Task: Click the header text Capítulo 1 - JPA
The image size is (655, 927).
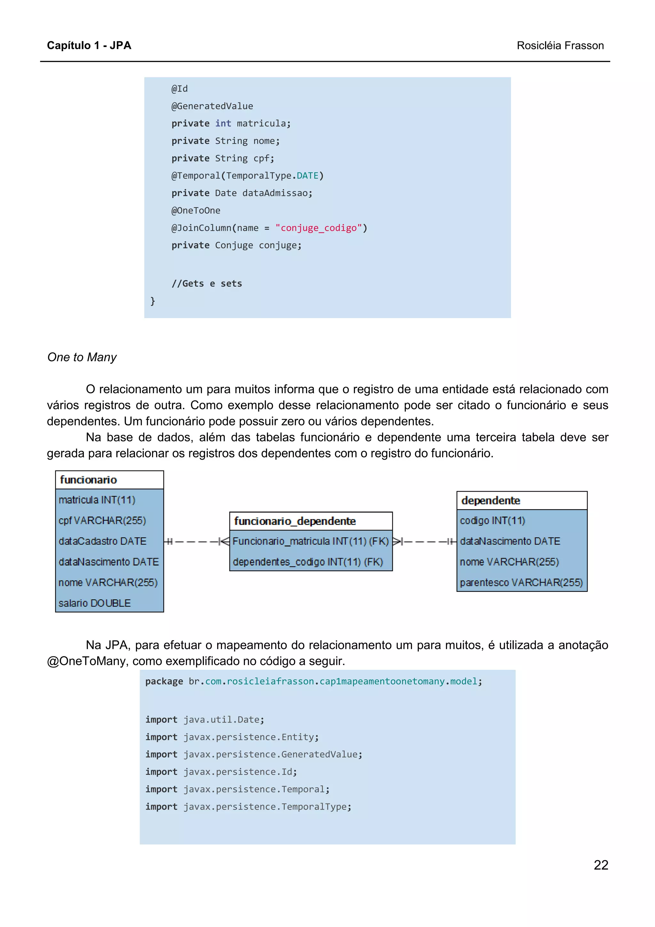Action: tap(89, 45)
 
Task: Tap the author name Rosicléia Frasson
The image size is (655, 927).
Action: tap(560, 45)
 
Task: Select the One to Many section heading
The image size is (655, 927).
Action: tap(82, 357)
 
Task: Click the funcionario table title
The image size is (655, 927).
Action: tap(88, 479)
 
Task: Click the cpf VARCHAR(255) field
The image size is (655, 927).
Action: tap(102, 520)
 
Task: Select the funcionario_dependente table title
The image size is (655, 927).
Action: tap(295, 521)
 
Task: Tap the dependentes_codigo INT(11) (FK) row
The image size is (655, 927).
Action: tap(308, 562)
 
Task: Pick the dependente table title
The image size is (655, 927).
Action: tap(490, 500)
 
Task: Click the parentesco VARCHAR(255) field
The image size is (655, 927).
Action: tap(521, 582)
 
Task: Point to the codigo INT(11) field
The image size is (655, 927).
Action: tap(492, 520)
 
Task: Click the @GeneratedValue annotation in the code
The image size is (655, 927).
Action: tap(212, 106)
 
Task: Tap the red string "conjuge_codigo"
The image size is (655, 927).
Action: tap(319, 228)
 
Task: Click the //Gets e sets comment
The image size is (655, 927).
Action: tap(207, 283)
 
